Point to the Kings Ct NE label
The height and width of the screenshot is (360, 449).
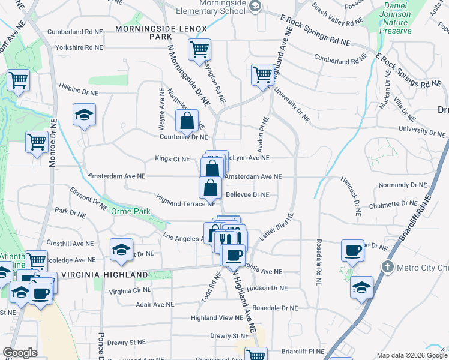pos(172,159)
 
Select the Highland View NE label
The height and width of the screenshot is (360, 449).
pos(217,317)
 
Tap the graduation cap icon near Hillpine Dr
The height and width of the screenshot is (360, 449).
pos(84,115)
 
